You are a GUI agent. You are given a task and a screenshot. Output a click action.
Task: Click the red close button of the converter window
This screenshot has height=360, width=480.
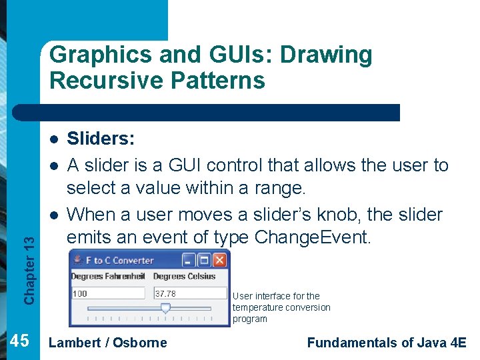[x=221, y=260]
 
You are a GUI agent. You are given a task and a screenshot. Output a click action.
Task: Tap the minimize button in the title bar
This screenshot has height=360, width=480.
[x=189, y=260]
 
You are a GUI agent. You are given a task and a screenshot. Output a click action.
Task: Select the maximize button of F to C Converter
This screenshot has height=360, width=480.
[x=205, y=260]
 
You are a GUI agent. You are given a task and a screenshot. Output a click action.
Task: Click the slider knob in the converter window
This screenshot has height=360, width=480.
[x=166, y=308]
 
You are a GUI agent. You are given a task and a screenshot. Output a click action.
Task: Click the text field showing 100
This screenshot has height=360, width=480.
[x=107, y=293]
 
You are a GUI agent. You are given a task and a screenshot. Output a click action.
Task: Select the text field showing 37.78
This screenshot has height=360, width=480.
[x=190, y=293]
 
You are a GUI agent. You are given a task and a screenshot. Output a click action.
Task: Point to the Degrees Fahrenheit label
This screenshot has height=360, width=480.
[x=108, y=276]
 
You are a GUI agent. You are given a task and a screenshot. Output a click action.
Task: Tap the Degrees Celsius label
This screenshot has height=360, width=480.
[x=184, y=276]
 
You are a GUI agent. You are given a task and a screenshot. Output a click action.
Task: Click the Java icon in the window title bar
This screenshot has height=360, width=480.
[x=77, y=260]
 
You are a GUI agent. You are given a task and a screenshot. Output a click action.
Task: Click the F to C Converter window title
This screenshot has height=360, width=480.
[x=120, y=261]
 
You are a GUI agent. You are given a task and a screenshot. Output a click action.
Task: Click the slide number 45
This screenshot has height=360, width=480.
[x=20, y=341]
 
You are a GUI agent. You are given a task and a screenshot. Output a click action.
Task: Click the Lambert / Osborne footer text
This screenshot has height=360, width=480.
[x=109, y=343]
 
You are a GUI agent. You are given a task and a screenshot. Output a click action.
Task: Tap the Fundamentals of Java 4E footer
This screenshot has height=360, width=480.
[x=387, y=343]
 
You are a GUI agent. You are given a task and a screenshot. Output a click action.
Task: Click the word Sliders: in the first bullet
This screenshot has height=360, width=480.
[x=101, y=139]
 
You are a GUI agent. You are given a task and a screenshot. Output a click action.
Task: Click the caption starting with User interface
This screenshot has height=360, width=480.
[x=281, y=307]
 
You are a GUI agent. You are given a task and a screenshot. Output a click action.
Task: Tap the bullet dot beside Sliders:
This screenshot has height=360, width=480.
[x=53, y=139]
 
